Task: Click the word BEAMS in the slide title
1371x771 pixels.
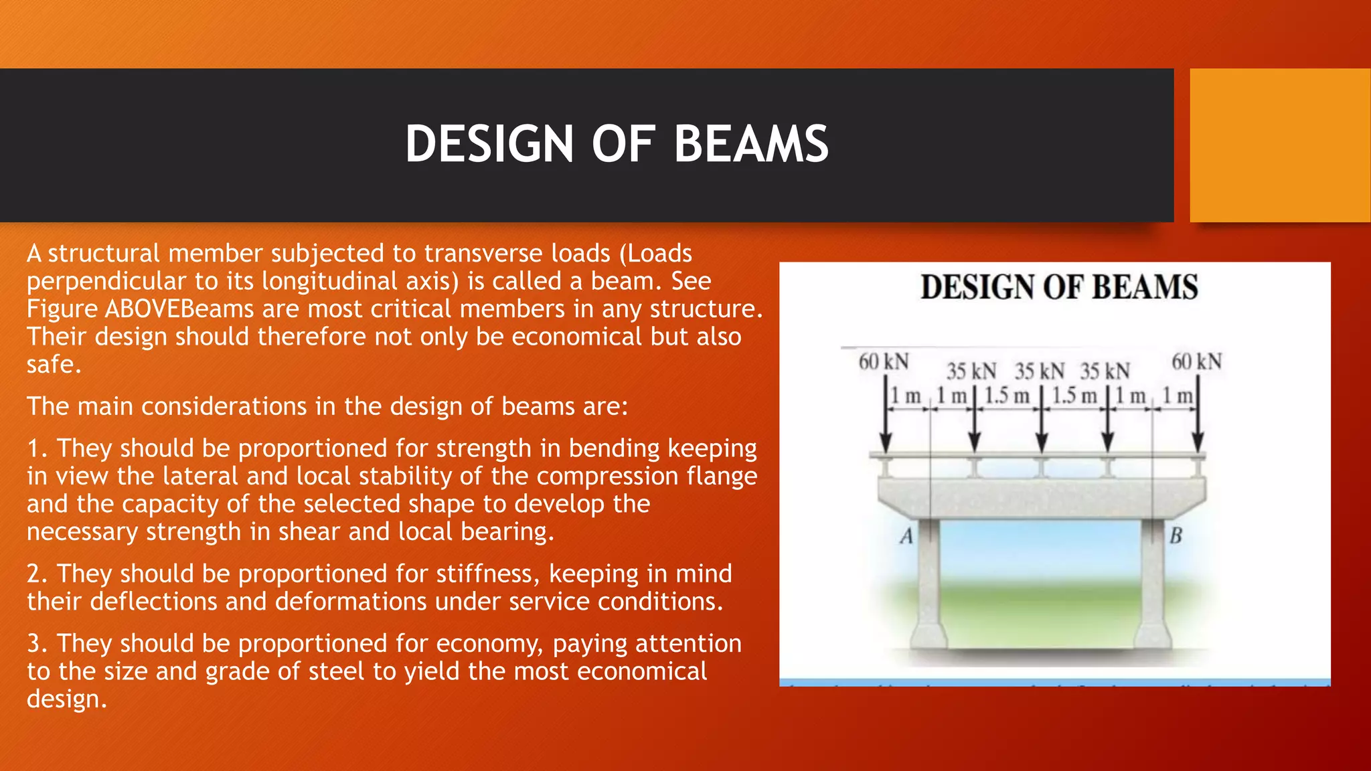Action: [750, 144]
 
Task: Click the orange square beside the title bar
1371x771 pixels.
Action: [1279, 145]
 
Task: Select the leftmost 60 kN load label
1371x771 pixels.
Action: [883, 362]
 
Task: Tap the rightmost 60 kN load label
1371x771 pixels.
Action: [1196, 362]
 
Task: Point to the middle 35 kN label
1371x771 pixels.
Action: [1039, 371]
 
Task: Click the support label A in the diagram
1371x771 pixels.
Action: [906, 536]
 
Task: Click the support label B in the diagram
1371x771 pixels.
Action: [1176, 536]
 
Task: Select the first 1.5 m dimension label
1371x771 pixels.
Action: [1006, 396]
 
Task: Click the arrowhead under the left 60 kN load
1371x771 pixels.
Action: [885, 443]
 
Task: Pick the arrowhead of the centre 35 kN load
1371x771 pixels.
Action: [1042, 443]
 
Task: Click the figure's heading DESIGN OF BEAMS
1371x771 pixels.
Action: [1058, 287]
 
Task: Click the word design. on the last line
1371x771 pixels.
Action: [66, 699]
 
